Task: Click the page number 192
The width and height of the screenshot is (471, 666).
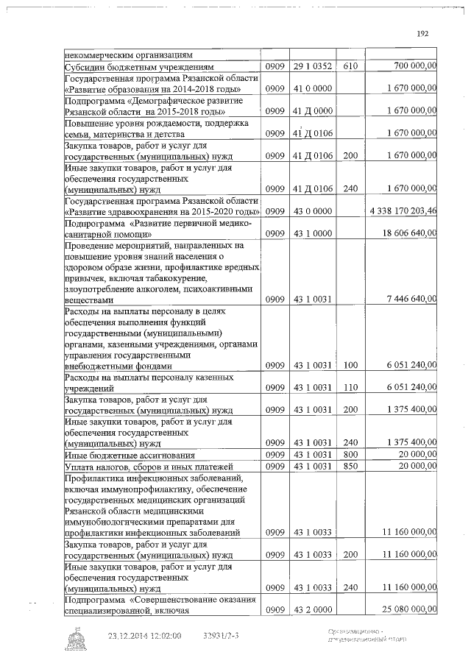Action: [422, 33]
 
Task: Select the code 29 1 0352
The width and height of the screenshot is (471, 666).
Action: [314, 66]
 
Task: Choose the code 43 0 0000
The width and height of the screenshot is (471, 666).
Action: [314, 211]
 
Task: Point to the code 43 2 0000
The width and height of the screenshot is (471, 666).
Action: [314, 609]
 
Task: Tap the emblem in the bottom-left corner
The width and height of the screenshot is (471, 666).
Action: [79, 640]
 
